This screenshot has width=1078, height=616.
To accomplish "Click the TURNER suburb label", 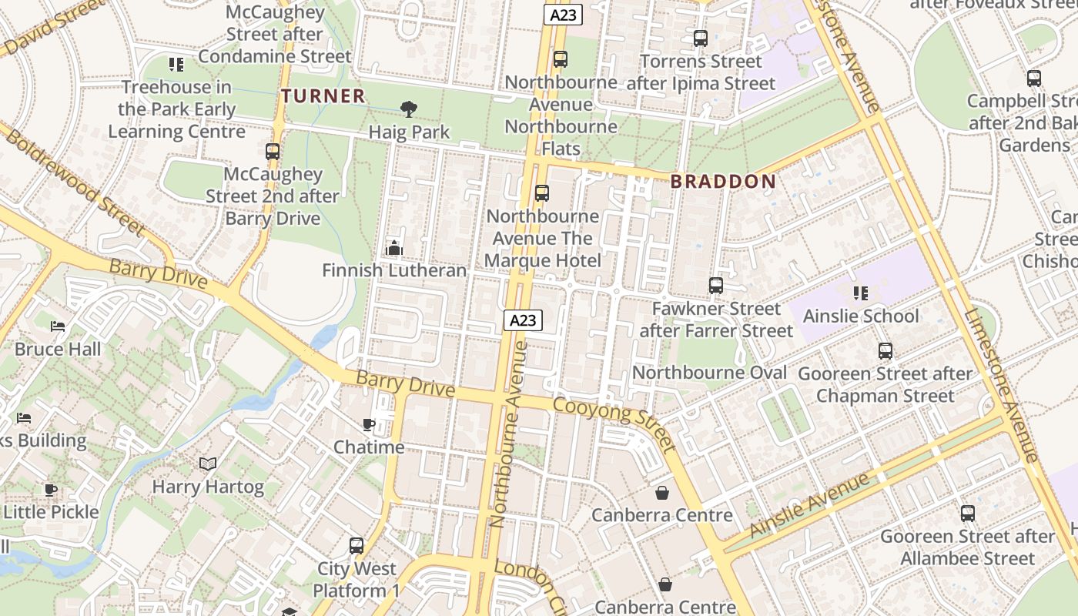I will (x=323, y=96).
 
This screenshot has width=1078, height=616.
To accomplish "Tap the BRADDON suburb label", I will (x=722, y=182).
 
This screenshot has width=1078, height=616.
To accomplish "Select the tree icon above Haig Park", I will (x=409, y=109).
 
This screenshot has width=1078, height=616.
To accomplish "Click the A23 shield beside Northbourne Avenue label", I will (x=524, y=320).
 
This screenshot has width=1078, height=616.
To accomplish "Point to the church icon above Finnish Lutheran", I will (x=394, y=248).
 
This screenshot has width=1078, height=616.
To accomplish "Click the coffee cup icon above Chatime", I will (x=369, y=424).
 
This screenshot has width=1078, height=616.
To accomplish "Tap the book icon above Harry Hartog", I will (x=207, y=464).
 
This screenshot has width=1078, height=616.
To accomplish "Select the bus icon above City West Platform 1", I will (x=357, y=546).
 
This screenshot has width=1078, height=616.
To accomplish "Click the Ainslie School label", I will (x=860, y=316).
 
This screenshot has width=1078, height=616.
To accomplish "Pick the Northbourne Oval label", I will (x=709, y=373).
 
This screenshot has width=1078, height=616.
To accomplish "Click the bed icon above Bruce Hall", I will (x=58, y=326).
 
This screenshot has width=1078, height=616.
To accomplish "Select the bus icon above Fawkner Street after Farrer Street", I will (x=716, y=286).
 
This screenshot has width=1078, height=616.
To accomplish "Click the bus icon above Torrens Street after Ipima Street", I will (x=701, y=38).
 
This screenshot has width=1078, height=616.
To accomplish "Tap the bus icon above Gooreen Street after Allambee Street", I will (x=968, y=514).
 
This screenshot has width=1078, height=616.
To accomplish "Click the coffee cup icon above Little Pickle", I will (x=51, y=490).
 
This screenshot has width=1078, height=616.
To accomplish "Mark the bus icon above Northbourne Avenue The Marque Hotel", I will (x=542, y=193).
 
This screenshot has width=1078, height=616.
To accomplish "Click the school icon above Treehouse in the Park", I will (x=176, y=65).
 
